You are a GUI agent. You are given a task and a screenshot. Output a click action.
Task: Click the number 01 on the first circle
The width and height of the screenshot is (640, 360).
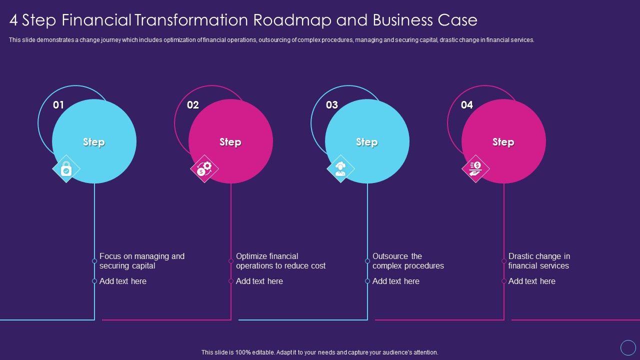click(58, 105)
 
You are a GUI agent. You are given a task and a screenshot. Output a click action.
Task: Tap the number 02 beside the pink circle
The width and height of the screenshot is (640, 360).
click(193, 105)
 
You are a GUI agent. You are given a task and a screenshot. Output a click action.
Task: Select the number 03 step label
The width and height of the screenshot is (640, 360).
click(332, 105)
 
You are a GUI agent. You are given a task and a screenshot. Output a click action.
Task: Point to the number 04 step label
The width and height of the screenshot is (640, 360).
click(467, 105)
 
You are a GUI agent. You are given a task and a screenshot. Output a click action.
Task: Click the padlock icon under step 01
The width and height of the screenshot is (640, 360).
click(66, 169)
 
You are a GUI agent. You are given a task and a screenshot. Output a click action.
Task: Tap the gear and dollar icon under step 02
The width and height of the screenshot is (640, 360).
click(204, 168)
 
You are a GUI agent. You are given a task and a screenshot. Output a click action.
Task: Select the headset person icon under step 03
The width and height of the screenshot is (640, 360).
click(340, 168)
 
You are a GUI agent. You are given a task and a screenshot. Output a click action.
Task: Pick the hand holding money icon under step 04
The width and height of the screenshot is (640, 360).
click(475, 168)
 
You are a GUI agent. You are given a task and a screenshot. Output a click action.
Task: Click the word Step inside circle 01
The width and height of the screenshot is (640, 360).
click(94, 142)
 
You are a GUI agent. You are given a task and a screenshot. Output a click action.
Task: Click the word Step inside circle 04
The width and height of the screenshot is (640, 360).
click(503, 142)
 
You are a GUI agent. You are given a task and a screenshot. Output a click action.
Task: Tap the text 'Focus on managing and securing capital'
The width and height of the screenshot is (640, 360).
click(142, 261)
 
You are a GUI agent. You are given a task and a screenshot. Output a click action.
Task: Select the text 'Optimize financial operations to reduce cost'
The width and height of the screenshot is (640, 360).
click(280, 261)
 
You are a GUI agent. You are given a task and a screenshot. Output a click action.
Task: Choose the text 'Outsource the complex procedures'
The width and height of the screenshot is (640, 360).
click(408, 261)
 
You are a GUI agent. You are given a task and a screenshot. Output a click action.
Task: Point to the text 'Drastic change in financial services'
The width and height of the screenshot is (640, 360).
click(539, 261)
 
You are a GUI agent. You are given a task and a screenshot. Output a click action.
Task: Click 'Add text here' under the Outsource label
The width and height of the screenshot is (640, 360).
click(396, 281)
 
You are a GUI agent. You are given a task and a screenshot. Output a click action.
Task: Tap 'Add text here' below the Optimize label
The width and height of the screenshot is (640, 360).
click(259, 281)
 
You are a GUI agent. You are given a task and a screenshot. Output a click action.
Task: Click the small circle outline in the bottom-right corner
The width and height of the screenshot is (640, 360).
click(628, 347)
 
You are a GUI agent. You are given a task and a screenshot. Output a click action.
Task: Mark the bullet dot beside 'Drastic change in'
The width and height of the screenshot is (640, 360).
click(504, 261)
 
